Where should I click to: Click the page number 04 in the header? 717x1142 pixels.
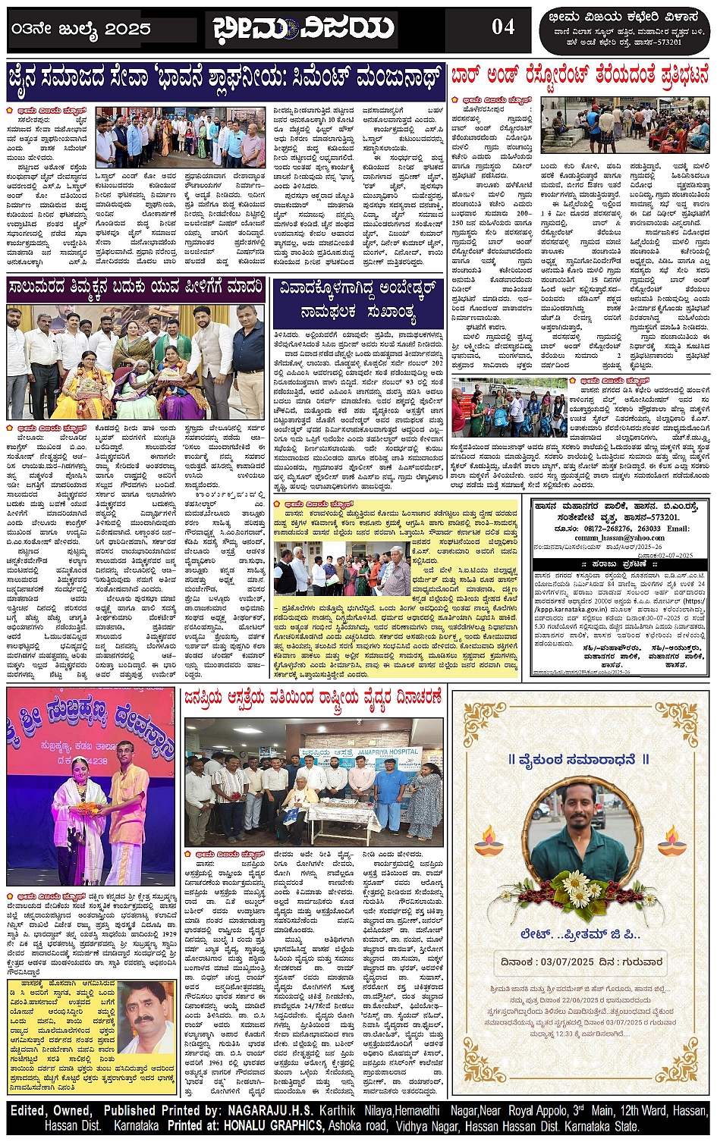click(x=503, y=27)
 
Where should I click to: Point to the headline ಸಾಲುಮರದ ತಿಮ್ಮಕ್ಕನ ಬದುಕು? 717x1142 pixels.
click(x=136, y=287)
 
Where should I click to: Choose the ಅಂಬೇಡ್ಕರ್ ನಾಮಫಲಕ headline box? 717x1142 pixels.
click(x=357, y=302)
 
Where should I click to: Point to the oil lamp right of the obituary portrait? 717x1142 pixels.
click(x=669, y=840)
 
